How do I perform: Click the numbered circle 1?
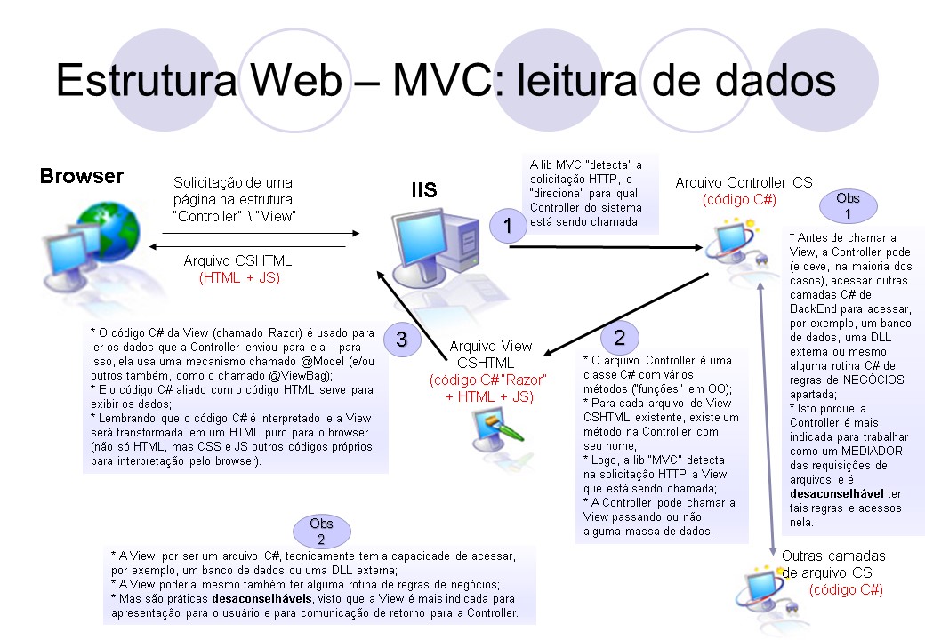pyautogui.click(x=507, y=226)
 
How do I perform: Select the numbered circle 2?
pyautogui.click(x=619, y=337)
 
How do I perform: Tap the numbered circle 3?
pyautogui.click(x=401, y=339)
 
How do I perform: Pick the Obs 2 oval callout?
pyautogui.click(x=321, y=532)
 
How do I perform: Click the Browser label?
pyautogui.click(x=82, y=176)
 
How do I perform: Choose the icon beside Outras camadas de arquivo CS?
pyautogui.click(x=762, y=583)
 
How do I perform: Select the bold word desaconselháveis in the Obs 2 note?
pyautogui.click(x=261, y=599)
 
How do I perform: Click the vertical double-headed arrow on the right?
pyautogui.click(x=765, y=409)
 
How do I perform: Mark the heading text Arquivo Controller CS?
pyautogui.click(x=744, y=182)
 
